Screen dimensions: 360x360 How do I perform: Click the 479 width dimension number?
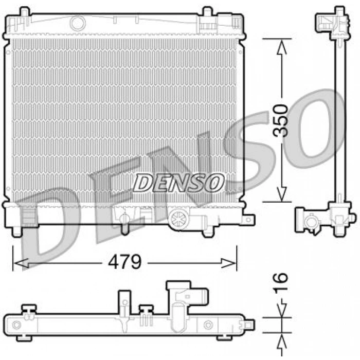pyautogui.click(x=124, y=262)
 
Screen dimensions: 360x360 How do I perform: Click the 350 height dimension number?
pyautogui.click(x=280, y=120)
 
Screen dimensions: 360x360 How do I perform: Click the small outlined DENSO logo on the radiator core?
pyautogui.click(x=178, y=183)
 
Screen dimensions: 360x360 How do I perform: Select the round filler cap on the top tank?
pyautogui.click(x=78, y=23)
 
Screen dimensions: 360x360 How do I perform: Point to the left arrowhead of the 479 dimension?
pyautogui.click(x=21, y=263)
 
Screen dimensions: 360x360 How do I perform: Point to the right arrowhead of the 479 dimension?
pyautogui.click(x=228, y=263)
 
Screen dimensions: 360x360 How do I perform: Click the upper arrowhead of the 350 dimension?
pyautogui.click(x=282, y=47)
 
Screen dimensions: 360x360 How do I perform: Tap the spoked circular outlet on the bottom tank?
pyautogui.click(x=178, y=218)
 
